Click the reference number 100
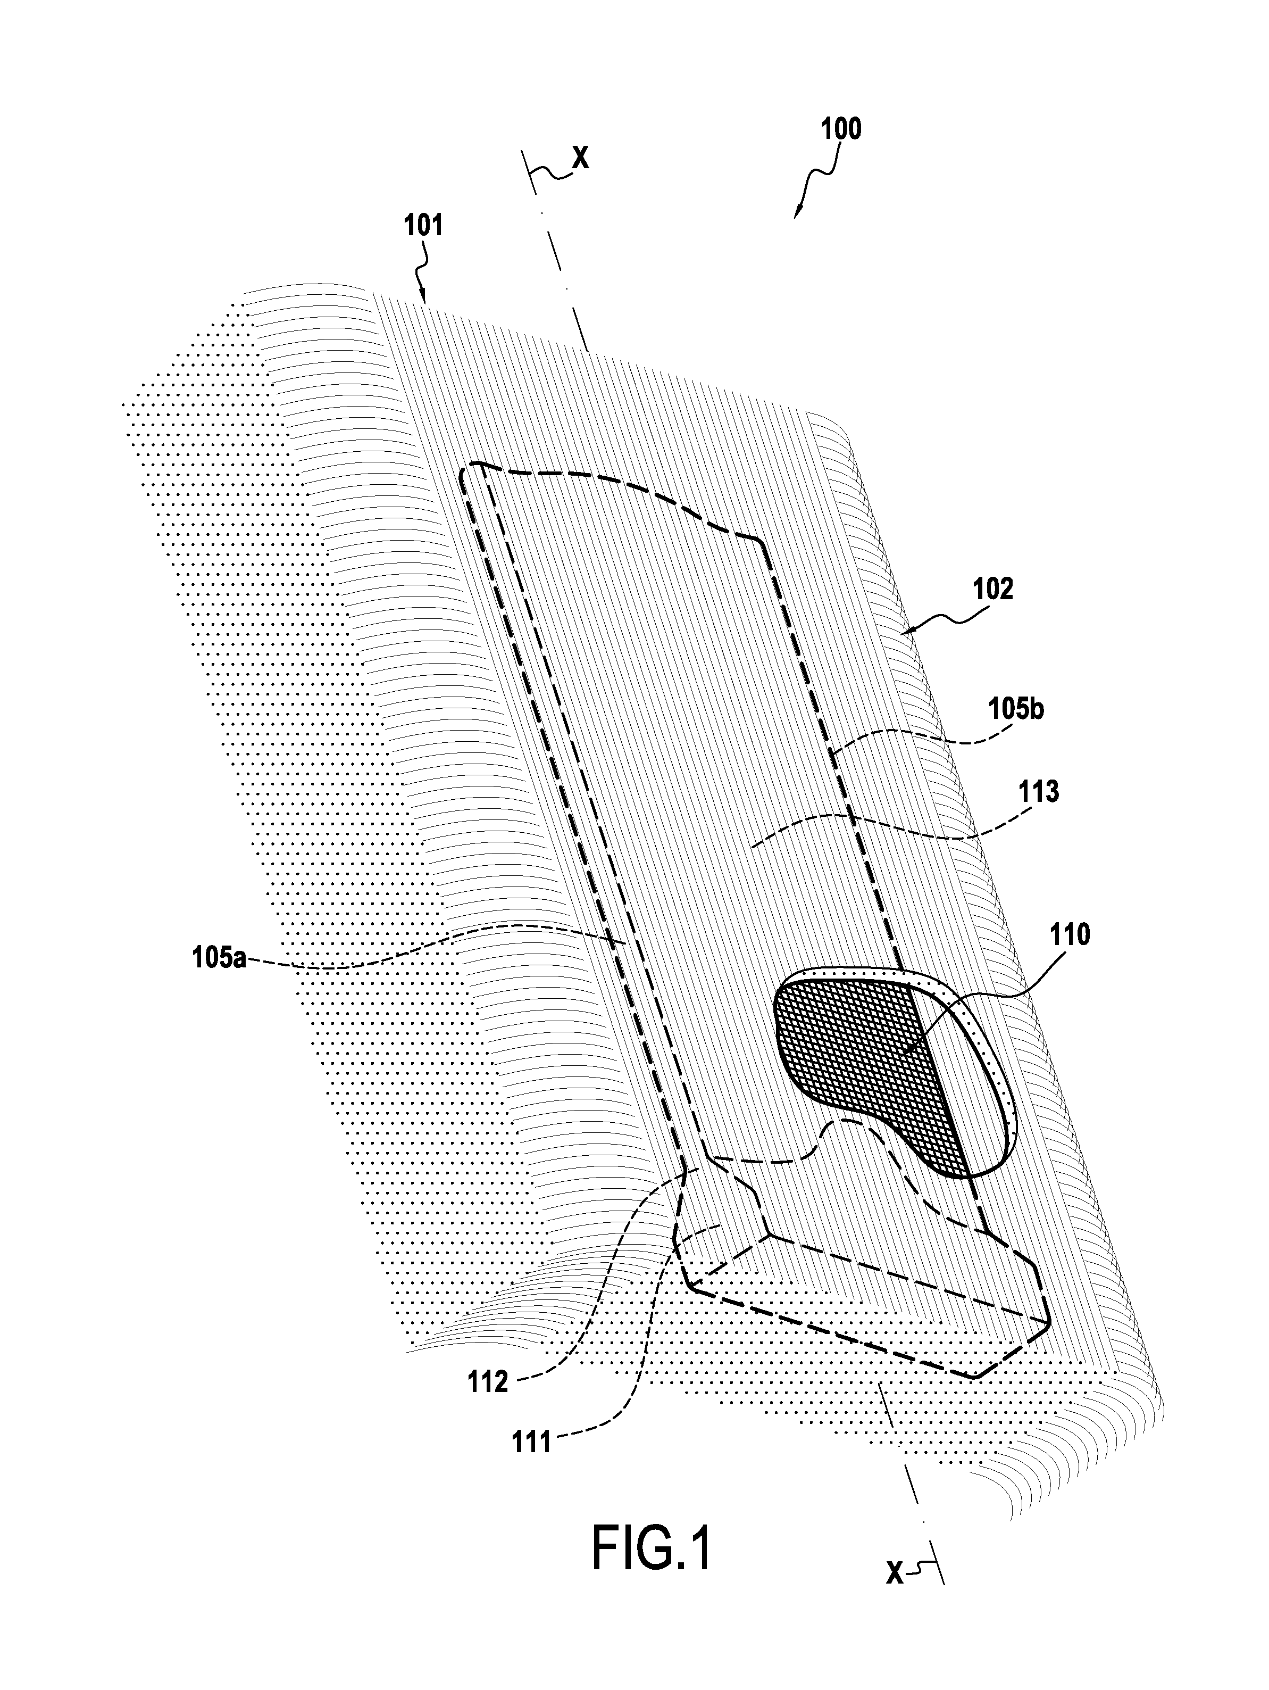coord(841,128)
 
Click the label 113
coord(1038,791)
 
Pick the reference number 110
coord(1070,934)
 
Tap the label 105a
coord(219,957)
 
